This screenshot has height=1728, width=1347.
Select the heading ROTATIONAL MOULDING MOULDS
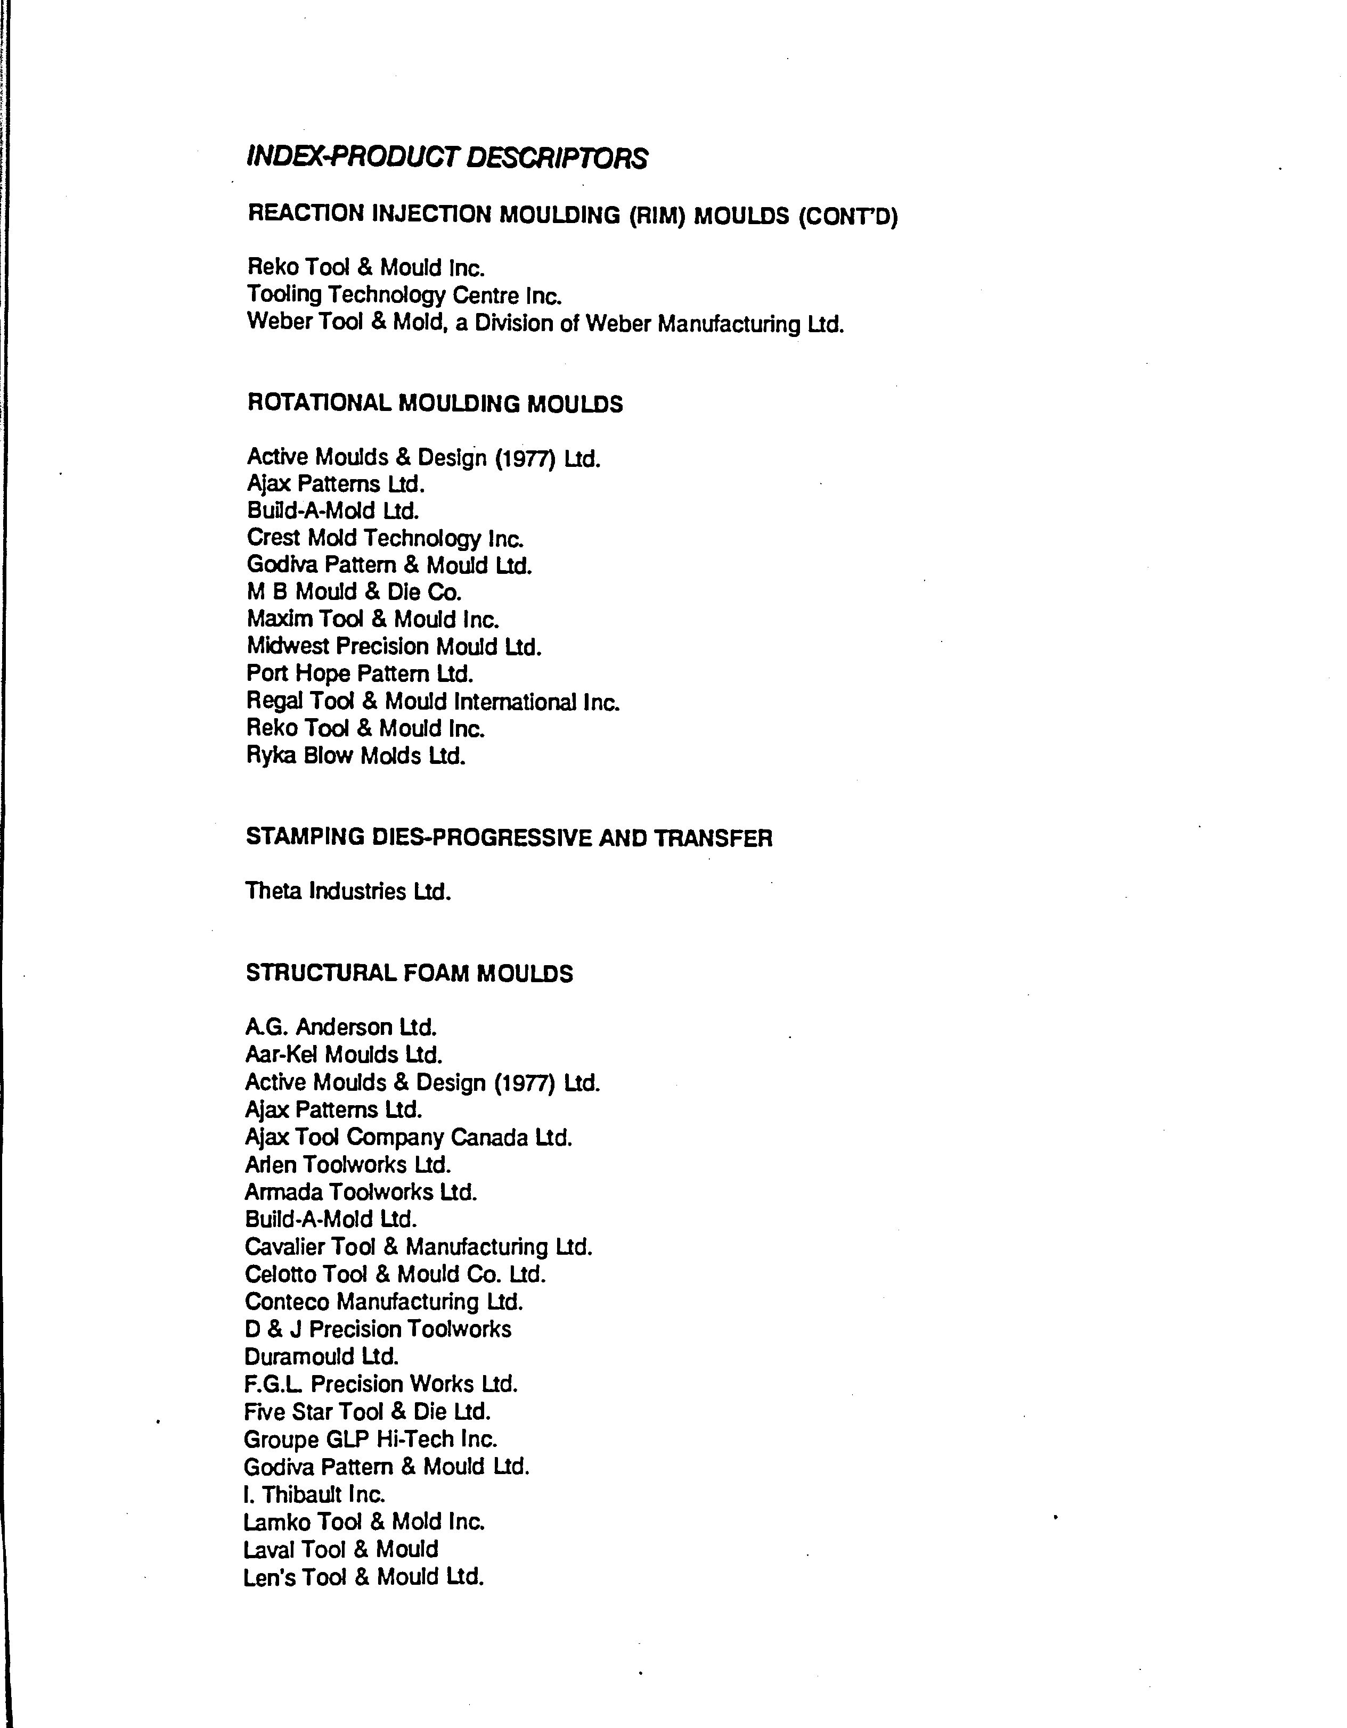pos(435,404)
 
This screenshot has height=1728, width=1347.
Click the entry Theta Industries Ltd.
pos(348,892)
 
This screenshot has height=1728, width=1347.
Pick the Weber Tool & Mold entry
pos(545,324)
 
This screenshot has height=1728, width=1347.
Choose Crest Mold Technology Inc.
pos(386,539)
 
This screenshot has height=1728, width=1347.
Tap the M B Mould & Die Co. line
pos(354,593)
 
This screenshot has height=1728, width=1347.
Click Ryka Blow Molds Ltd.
pos(356,756)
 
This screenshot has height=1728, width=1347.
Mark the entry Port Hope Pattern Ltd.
pos(360,674)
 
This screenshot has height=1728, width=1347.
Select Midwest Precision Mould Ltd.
pos(394,647)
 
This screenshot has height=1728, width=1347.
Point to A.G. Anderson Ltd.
pos(341,1028)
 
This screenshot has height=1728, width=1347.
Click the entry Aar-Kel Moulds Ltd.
pos(344,1055)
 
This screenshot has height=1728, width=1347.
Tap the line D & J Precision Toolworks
pos(378,1329)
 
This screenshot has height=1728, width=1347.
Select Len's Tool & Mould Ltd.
pos(363,1577)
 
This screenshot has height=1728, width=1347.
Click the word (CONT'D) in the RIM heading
pos(847,216)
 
